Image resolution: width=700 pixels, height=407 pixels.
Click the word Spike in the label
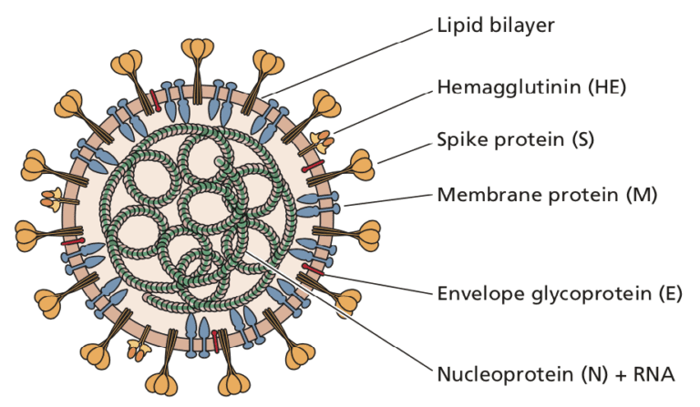coord(465,142)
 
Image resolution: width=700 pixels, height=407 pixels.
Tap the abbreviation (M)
coord(638,195)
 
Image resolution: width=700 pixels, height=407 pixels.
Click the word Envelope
coord(478,293)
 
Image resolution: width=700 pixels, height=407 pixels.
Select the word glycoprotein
coord(584,293)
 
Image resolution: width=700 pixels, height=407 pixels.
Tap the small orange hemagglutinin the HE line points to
coord(321,137)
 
